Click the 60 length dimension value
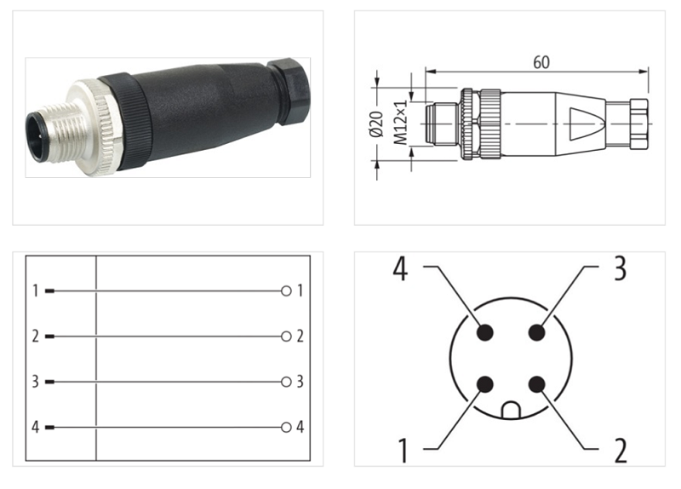(x=541, y=62)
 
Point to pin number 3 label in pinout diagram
(x=620, y=268)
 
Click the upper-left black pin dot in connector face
(x=485, y=333)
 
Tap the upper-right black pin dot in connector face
(x=535, y=333)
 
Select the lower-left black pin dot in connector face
(x=485, y=384)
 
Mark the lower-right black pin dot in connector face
(x=535, y=384)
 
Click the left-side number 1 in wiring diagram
(x=36, y=291)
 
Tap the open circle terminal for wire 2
(x=286, y=337)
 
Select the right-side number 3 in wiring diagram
(x=300, y=382)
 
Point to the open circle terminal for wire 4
(x=286, y=427)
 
